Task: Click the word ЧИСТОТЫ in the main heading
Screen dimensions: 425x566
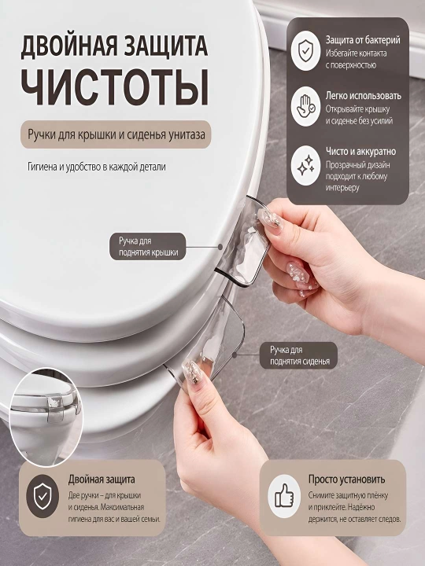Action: tap(115, 87)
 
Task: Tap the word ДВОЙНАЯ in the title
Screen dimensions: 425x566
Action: tap(66, 46)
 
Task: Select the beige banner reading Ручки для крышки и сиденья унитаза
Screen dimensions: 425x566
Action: tap(116, 134)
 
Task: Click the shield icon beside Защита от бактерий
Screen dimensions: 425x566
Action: tap(305, 50)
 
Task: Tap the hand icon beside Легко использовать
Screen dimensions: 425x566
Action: tap(305, 106)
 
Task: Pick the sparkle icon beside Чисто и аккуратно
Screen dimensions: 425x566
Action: tap(305, 166)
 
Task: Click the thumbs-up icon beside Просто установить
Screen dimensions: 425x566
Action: tap(284, 496)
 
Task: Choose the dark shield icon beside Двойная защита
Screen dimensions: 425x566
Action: tap(42, 496)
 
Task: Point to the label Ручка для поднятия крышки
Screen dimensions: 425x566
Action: tap(147, 247)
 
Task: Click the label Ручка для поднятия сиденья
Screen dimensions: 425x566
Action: tap(298, 355)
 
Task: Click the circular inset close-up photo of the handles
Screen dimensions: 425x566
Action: tap(46, 417)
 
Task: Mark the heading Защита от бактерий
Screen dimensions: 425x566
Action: tap(363, 40)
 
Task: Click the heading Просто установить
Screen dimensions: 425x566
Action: tap(346, 480)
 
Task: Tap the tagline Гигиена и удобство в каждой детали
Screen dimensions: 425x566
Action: tap(97, 167)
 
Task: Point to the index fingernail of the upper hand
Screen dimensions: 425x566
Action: tap(270, 219)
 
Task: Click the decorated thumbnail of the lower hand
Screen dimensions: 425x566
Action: tap(194, 374)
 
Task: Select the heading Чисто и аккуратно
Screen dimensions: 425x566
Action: tap(360, 152)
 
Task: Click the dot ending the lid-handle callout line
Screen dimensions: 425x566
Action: tap(220, 247)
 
